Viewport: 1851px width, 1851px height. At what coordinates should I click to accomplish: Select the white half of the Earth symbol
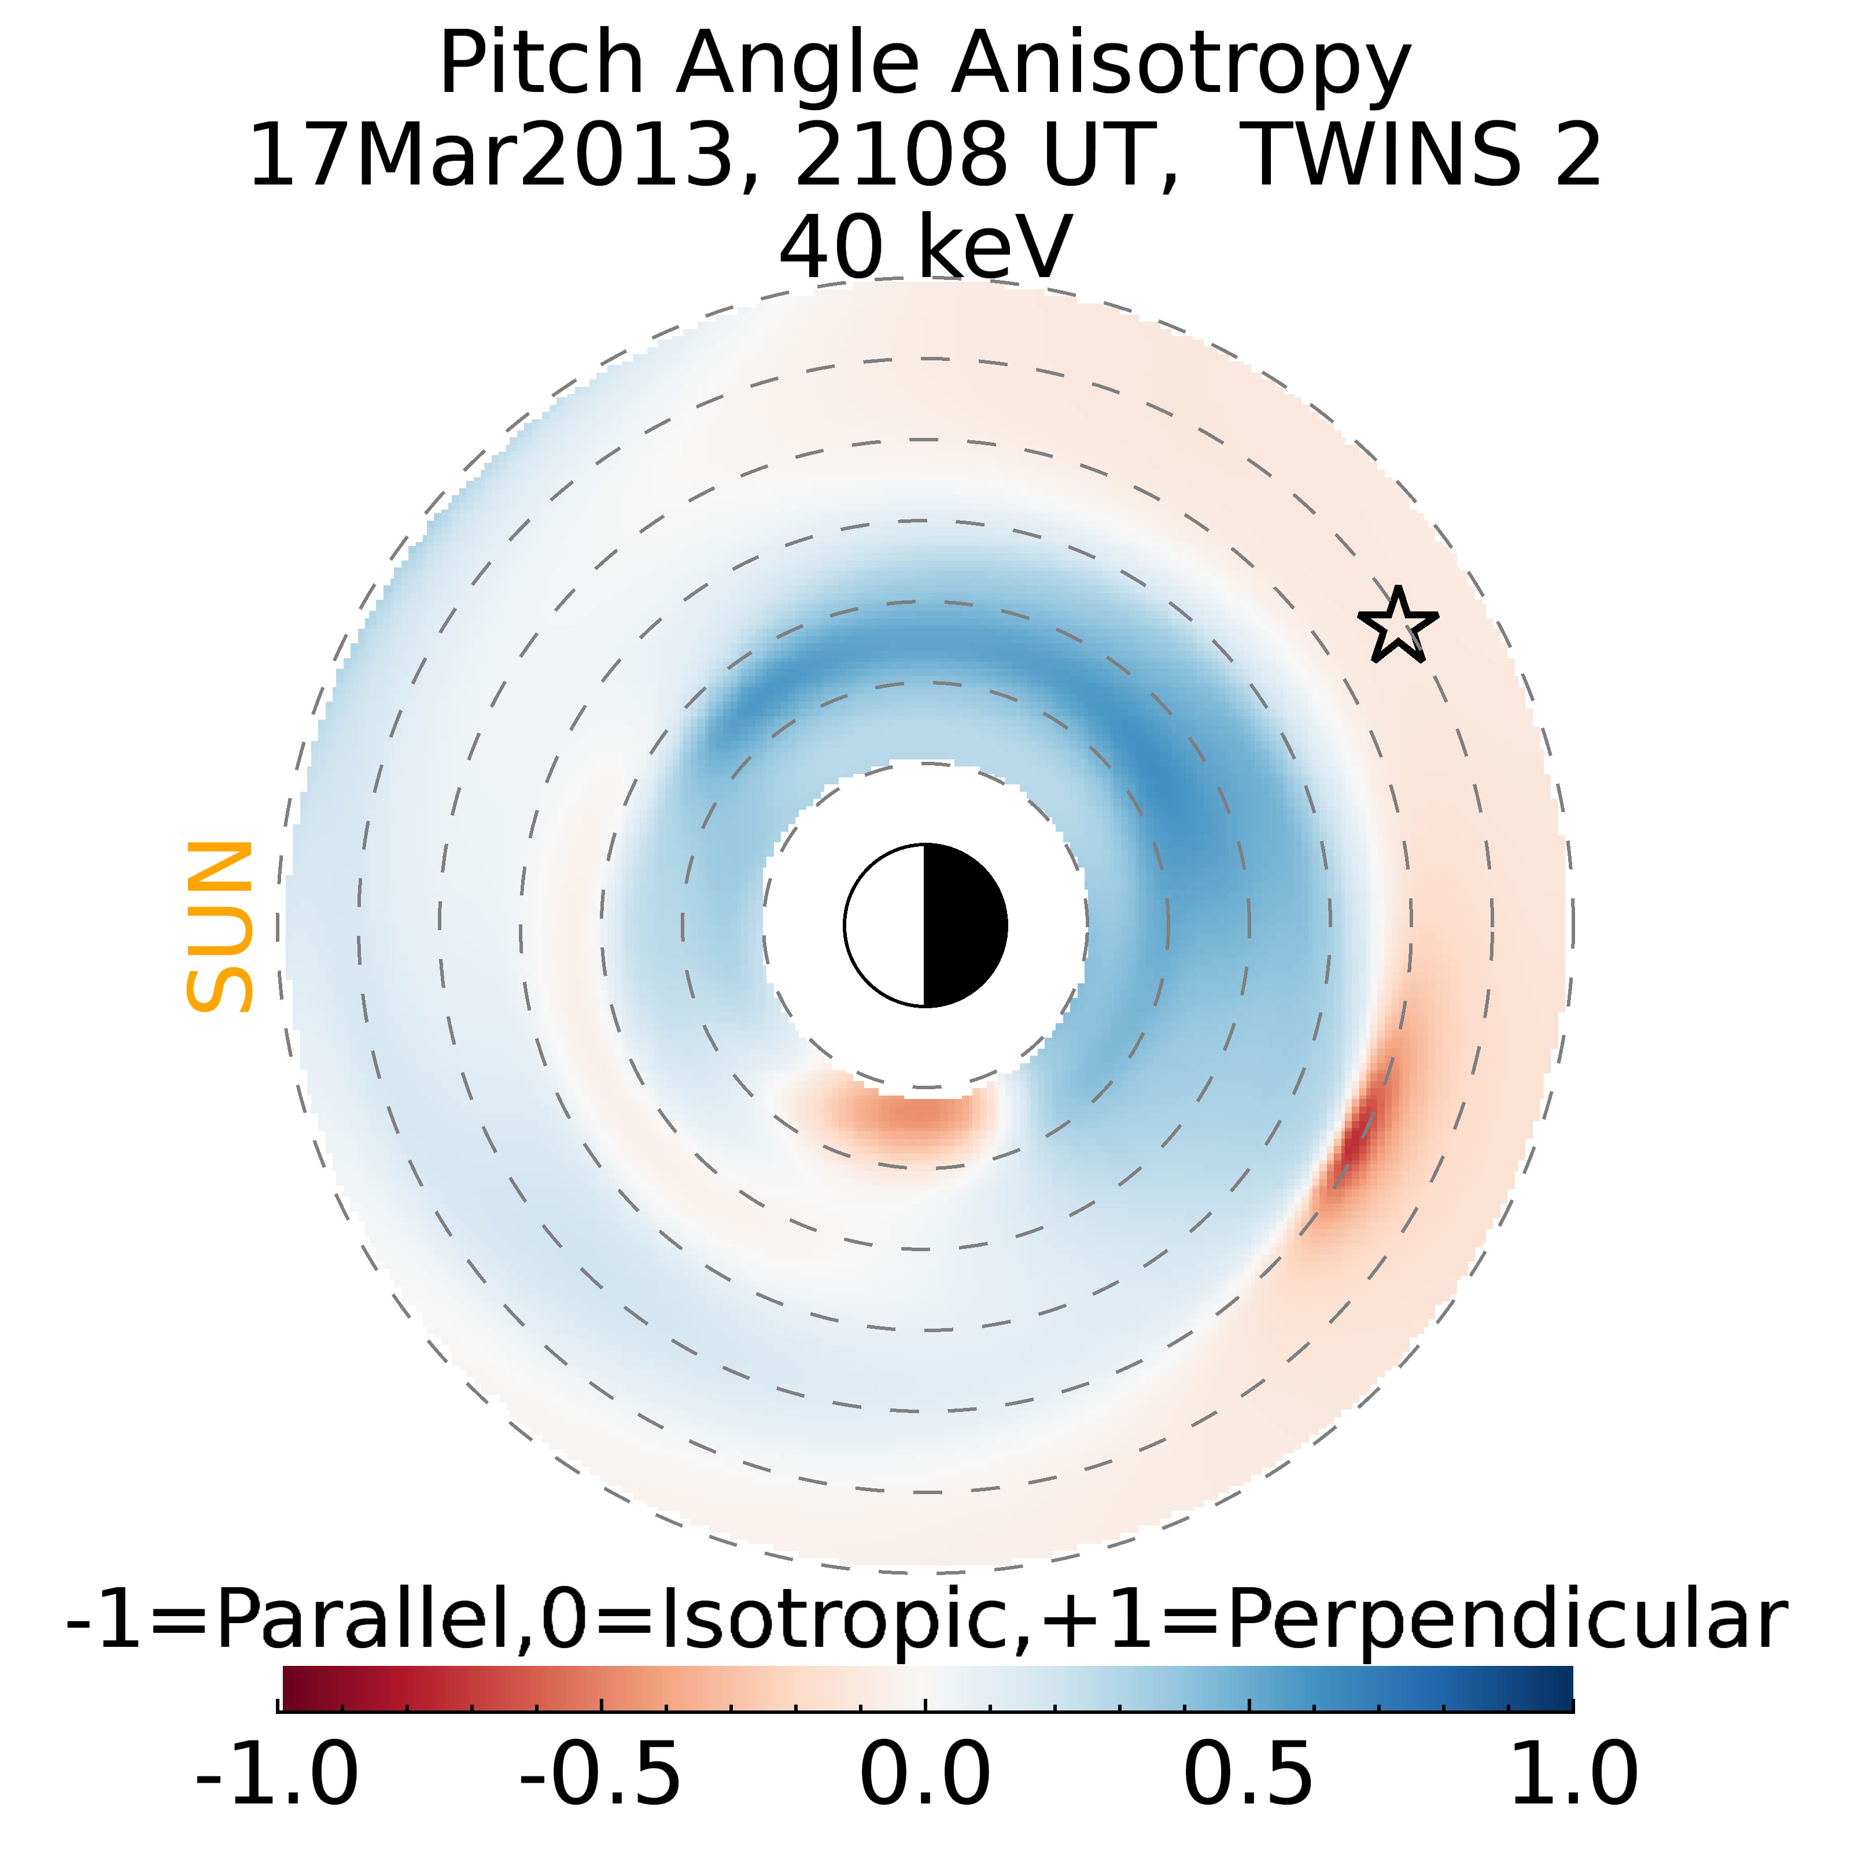(x=886, y=926)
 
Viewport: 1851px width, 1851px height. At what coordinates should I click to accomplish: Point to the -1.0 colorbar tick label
(x=277, y=1773)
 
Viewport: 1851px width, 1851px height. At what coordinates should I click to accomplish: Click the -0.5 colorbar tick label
(x=601, y=1773)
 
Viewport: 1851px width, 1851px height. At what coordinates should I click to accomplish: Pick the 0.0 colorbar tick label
(x=924, y=1773)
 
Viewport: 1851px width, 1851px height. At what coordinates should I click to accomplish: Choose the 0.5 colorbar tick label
(x=1248, y=1773)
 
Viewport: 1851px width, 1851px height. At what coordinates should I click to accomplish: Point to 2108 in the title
(x=901, y=154)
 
